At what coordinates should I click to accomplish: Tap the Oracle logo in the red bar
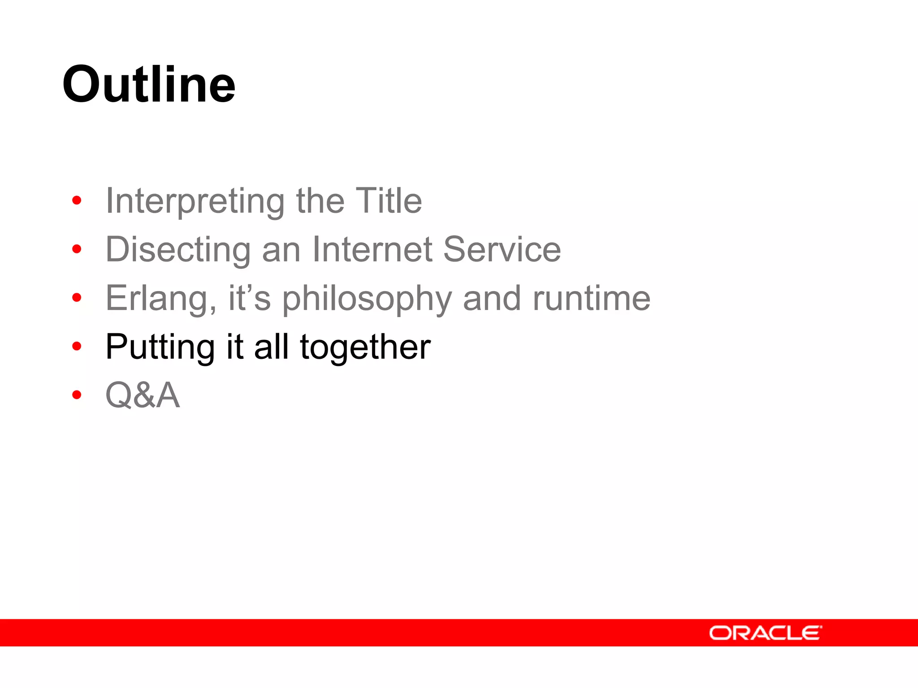pyautogui.click(x=765, y=633)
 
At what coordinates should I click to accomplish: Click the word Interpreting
pyautogui.click(x=195, y=201)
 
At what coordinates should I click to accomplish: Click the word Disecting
pyautogui.click(x=178, y=249)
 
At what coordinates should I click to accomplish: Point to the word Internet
pyautogui.click(x=372, y=249)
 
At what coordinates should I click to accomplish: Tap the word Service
pyautogui.click(x=502, y=249)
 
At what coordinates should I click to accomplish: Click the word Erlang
pyautogui.click(x=160, y=298)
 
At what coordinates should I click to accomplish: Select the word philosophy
pyautogui.click(x=367, y=298)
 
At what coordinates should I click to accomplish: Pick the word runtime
pyautogui.click(x=591, y=298)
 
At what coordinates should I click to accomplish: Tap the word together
pyautogui.click(x=365, y=347)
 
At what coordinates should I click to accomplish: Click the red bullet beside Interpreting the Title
pyautogui.click(x=77, y=200)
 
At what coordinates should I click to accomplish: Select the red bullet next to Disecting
pyautogui.click(x=77, y=249)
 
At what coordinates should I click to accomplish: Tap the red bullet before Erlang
pyautogui.click(x=77, y=297)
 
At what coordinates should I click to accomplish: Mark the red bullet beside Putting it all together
pyautogui.click(x=77, y=346)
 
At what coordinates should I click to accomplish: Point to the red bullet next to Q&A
pyautogui.click(x=77, y=395)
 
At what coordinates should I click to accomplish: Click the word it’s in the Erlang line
pyautogui.click(x=249, y=298)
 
